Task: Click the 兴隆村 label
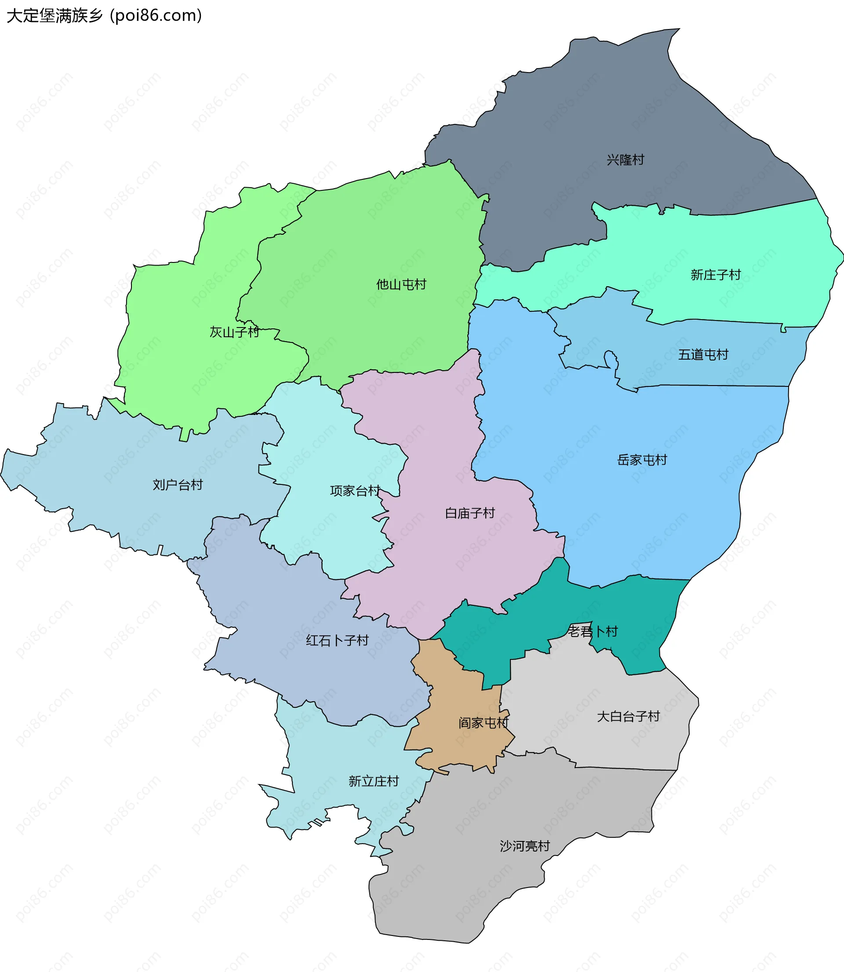(x=625, y=160)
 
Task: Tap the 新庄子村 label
(x=716, y=275)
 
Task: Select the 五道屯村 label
(x=703, y=355)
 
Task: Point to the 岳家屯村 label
(x=642, y=460)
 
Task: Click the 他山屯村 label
(x=401, y=284)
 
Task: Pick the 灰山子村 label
(x=234, y=332)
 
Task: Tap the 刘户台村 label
(x=178, y=485)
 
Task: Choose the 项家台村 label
(x=355, y=491)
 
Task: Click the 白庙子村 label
(x=469, y=513)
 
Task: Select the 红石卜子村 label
(x=337, y=641)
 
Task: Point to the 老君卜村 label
(x=592, y=632)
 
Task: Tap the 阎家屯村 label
(x=483, y=723)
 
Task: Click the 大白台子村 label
(x=628, y=717)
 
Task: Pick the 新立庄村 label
(x=374, y=782)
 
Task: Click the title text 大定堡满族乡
(x=55, y=15)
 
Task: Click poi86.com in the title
(x=156, y=15)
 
